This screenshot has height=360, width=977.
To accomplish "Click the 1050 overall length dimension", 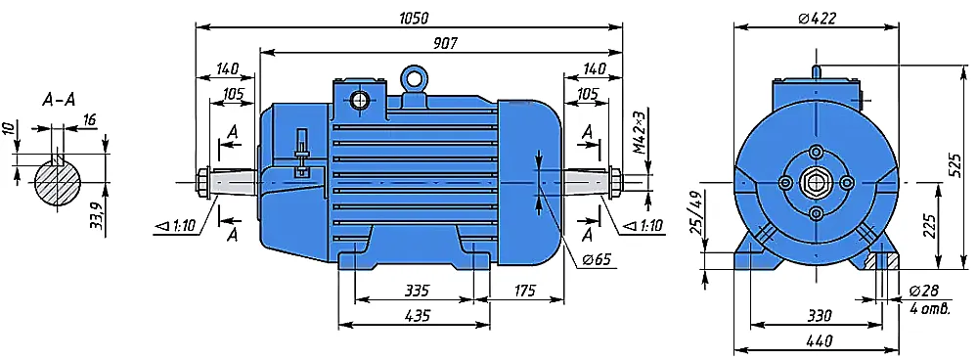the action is [x=414, y=18].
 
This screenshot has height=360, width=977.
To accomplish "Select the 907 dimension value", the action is [x=446, y=43].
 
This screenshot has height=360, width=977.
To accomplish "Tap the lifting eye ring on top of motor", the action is [x=413, y=78].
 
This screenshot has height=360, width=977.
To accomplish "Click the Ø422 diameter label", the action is [x=817, y=19].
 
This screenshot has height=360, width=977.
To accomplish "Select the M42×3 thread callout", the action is [x=640, y=133].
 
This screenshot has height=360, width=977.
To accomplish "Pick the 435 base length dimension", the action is [x=418, y=316].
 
